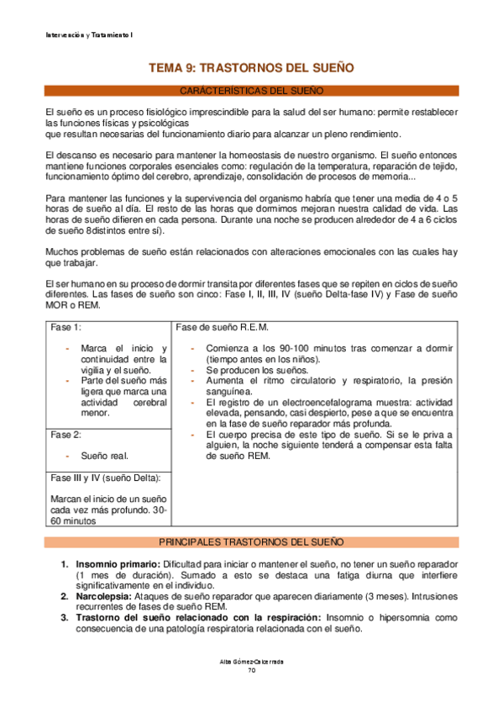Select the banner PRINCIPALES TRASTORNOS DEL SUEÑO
pyautogui.click(x=251, y=542)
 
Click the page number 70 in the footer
pyautogui.click(x=251, y=670)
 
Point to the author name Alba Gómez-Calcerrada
pyautogui.click(x=251, y=662)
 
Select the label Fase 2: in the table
pyautogui.click(x=66, y=435)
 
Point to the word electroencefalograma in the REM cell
pyautogui.click(x=331, y=403)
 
